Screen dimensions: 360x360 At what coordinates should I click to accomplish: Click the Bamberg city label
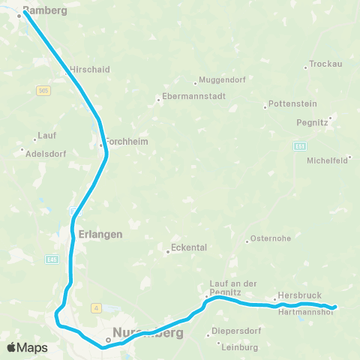tap(46, 12)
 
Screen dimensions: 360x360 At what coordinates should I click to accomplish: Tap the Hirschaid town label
tap(89, 69)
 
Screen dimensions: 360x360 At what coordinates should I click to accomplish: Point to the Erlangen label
tap(100, 234)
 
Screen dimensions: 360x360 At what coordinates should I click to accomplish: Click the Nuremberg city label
tap(147, 333)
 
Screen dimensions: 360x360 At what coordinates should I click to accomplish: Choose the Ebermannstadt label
tap(190, 97)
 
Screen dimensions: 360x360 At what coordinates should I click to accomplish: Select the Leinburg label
tap(240, 348)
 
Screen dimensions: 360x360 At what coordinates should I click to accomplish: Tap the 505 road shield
tap(43, 91)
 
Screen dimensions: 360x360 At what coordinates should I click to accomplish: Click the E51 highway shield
tap(299, 145)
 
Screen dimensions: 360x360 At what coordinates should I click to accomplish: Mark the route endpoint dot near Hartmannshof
tap(334, 307)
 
